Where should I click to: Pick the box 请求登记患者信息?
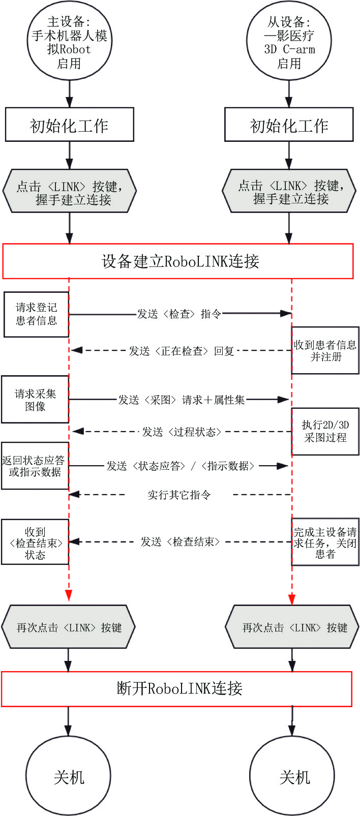coord(37,314)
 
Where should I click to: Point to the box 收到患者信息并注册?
coord(325,350)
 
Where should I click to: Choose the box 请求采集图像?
coord(35,399)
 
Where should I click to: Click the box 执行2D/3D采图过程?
coord(325,431)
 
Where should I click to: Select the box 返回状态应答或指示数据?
coord(35,466)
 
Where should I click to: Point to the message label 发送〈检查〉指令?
coord(179,314)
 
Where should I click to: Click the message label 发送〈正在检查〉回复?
coord(181,351)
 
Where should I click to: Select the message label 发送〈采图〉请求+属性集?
coord(181,400)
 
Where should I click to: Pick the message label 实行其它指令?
coord(179,495)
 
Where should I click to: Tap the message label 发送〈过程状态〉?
coord(182,432)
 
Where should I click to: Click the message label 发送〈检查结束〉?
coord(180,541)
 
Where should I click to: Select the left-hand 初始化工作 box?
coord(69,125)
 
